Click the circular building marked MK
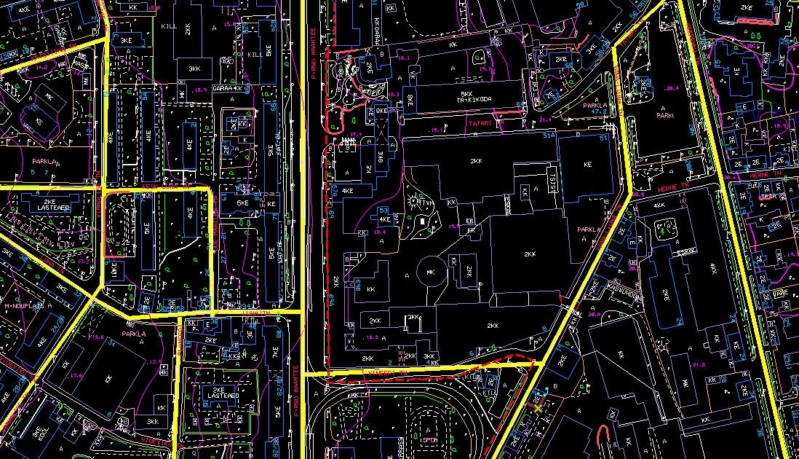coord(430,272)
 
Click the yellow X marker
coord(538,408)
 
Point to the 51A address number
coord(549,136)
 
